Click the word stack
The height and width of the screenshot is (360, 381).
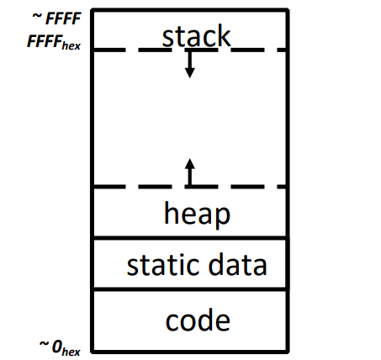[196, 35]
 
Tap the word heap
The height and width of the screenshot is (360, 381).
[197, 214]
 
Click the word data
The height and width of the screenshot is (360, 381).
[237, 264]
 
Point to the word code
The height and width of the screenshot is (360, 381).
[198, 320]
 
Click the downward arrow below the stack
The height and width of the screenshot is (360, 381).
[190, 64]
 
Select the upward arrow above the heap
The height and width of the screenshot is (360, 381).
[190, 172]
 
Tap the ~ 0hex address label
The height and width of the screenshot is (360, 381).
[60, 347]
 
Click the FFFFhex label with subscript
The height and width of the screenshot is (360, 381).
[54, 42]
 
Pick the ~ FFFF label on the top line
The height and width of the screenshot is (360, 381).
[57, 19]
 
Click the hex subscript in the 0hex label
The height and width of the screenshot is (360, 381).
[71, 352]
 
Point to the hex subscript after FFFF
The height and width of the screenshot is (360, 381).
[71, 45]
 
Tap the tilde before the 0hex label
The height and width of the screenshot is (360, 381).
[44, 344]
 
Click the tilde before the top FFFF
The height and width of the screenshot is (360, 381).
[37, 16]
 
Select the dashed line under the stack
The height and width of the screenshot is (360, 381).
[190, 50]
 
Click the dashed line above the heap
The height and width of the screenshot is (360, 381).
[190, 187]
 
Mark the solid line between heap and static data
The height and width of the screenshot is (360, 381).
[190, 238]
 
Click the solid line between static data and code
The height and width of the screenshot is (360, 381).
[190, 289]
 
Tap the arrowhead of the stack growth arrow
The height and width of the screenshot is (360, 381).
[190, 73]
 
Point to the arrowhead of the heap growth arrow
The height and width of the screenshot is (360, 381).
[190, 164]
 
